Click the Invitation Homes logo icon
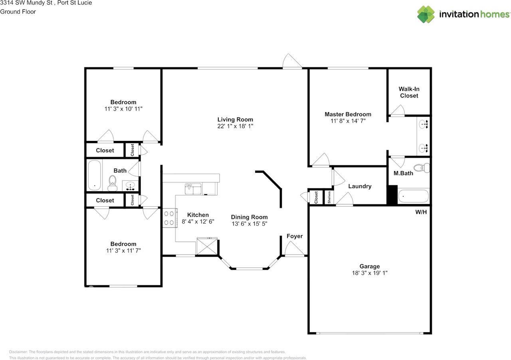point(426,14)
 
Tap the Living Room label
point(235,119)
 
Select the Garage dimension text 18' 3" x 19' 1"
point(369,273)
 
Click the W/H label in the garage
point(421,212)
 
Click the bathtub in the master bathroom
point(413,196)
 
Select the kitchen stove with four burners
point(169,218)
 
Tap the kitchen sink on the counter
point(193,189)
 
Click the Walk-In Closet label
point(409,92)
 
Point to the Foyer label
point(295,236)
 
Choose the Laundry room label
point(360,186)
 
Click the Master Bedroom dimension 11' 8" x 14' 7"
point(348,121)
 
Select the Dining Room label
point(249,217)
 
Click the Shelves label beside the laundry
point(329,197)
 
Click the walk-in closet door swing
point(397,111)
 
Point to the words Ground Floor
point(18,12)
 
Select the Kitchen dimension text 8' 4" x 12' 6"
point(198,221)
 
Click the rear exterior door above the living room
point(292,62)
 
